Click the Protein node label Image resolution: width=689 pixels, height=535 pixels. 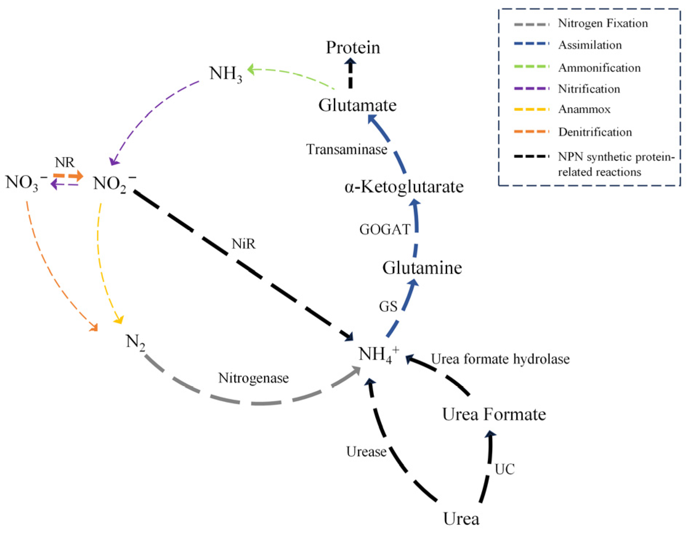point(353,48)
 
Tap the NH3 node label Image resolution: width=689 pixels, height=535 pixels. point(225,74)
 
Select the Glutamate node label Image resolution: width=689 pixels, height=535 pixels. point(357,105)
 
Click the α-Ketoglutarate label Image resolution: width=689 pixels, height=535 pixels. point(404,187)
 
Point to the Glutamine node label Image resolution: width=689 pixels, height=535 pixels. point(422,268)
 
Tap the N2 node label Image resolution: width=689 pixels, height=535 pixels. point(135,342)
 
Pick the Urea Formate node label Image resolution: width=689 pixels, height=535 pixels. point(494,414)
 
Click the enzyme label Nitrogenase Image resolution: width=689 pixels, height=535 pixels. point(254,378)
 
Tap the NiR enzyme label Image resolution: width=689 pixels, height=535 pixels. point(244,244)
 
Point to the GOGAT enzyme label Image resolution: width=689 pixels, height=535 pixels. point(385,229)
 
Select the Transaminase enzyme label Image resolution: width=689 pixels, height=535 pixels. point(347,149)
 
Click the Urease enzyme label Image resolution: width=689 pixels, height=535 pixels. point(366,452)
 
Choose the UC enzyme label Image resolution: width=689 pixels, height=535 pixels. point(504,470)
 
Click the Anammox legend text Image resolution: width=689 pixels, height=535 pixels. point(584,109)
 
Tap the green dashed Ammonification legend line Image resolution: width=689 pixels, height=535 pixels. point(532,67)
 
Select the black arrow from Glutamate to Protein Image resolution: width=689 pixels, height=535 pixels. point(350,73)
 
